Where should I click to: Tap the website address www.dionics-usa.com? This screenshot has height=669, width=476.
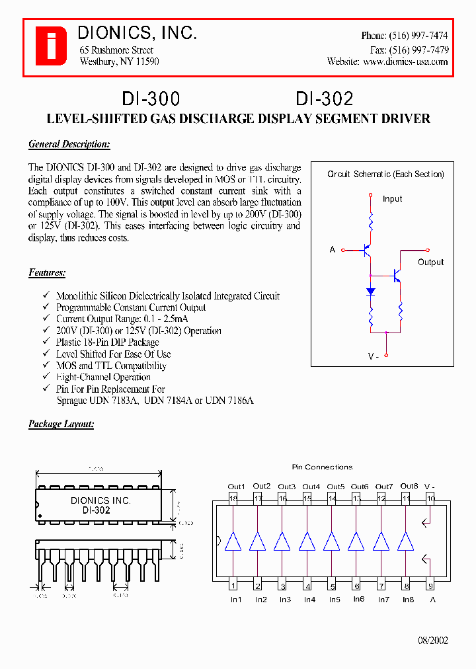pos(405,61)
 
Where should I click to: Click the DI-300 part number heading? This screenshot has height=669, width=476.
pos(151,98)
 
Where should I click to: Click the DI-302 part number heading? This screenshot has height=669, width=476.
pos(325,98)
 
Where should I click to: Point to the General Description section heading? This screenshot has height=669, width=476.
pos(69,144)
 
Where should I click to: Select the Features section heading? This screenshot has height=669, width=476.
pos(47,272)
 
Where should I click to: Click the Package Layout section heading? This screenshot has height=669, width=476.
pos(61,424)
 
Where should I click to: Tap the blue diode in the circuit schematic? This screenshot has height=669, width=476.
pos(371,292)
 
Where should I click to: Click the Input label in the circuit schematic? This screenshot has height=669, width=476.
pos(392,199)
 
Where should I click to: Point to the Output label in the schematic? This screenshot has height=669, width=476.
pos(431,262)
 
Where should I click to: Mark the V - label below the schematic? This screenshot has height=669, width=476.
pos(373,356)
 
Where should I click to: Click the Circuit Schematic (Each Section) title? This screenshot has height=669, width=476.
pos(385,175)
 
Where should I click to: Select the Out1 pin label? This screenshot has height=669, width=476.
pos(236,487)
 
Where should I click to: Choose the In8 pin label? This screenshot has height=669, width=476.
pos(408,600)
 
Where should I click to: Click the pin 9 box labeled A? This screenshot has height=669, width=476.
pos(431,586)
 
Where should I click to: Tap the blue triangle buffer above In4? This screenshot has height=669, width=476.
pos(307,541)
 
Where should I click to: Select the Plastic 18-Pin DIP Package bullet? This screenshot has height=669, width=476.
pos(108,342)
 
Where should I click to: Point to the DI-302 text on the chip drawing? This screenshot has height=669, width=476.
pos(97,510)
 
